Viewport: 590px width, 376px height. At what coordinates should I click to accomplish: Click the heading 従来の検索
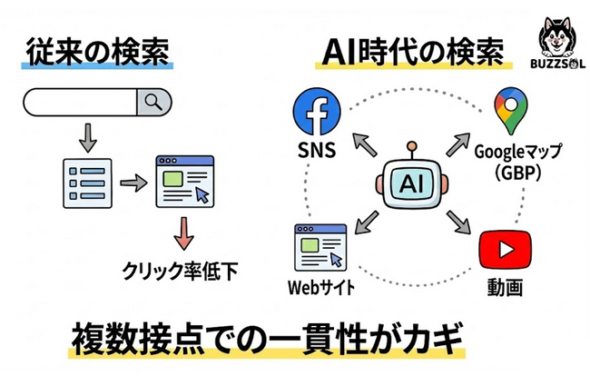click(x=95, y=51)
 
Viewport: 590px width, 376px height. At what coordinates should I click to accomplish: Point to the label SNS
click(x=316, y=150)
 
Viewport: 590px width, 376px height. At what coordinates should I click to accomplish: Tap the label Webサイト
click(x=320, y=289)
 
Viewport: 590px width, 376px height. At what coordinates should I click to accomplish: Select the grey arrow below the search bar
click(x=86, y=137)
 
